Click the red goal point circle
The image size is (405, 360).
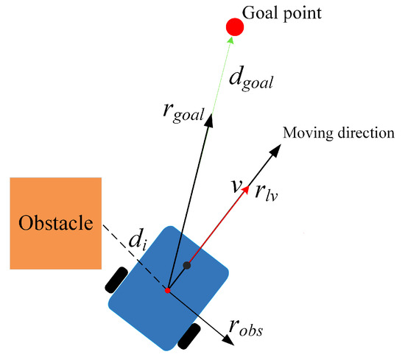pos(235,27)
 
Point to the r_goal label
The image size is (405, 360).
pos(183,113)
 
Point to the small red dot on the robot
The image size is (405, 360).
pos(168,290)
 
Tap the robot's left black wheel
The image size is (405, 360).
pos(117,279)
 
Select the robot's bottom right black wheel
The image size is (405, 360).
pos(189,336)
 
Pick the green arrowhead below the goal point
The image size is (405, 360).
pos(231,40)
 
